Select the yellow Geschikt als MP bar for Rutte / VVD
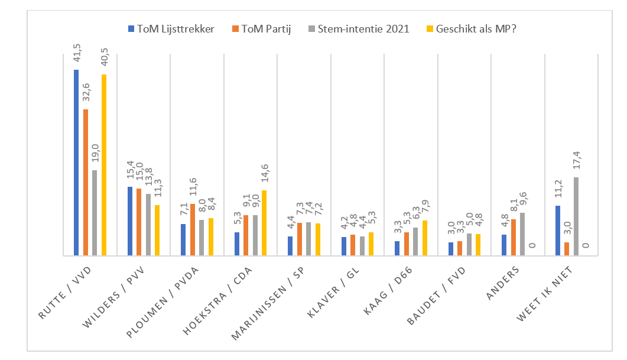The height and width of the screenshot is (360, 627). pos(104,165)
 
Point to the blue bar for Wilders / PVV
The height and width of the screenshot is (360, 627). pos(129,221)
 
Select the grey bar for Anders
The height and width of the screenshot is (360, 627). pos(522,234)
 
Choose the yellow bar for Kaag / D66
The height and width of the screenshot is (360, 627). pos(425,238)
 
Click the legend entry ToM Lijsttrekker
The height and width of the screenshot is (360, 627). pos(171,28)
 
